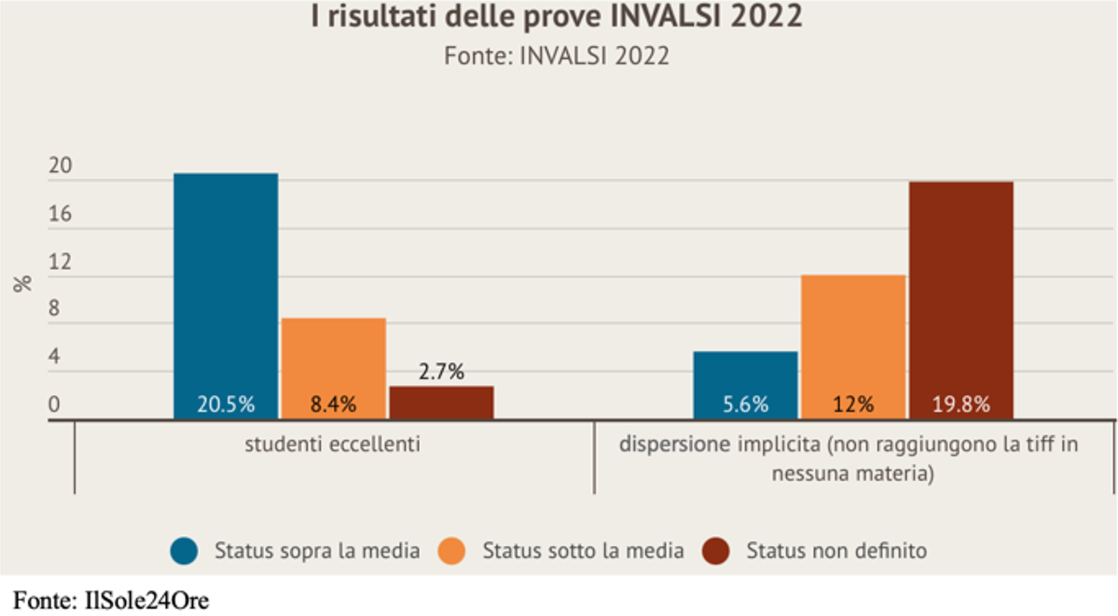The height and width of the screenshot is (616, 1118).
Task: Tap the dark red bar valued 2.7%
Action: [x=441, y=402]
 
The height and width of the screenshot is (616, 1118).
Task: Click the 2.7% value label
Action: [x=441, y=372]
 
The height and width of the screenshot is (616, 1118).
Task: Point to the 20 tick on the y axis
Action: [x=60, y=166]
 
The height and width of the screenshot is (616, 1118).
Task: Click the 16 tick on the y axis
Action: [x=60, y=214]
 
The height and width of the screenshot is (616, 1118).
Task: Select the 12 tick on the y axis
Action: [x=60, y=262]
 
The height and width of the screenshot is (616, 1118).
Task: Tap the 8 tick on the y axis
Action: [x=54, y=309]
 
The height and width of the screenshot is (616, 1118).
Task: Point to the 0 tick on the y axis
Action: [x=54, y=405]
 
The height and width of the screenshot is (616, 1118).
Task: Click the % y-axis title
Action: [x=23, y=283]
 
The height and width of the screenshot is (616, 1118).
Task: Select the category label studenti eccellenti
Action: [x=333, y=444]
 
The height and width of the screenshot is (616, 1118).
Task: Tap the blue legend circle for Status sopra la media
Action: [x=184, y=550]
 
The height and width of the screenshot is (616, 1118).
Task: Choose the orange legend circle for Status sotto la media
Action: [x=452, y=550]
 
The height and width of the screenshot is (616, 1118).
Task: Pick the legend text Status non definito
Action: [x=836, y=550]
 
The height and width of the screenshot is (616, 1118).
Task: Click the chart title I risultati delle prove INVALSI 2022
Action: [x=556, y=16]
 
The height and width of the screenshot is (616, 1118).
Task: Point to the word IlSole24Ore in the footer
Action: [x=146, y=601]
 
